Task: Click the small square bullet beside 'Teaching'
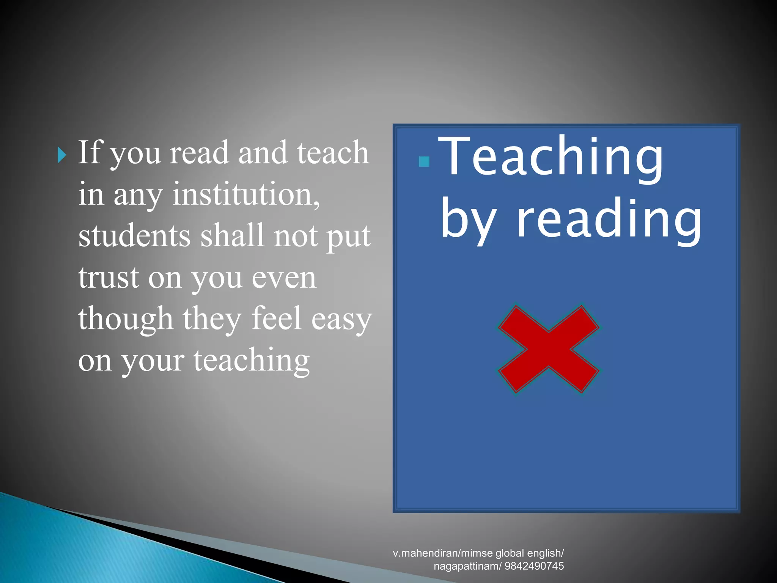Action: [x=424, y=162]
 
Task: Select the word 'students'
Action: [x=134, y=236]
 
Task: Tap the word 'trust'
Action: [x=109, y=278]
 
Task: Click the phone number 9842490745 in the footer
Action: [x=534, y=566]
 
